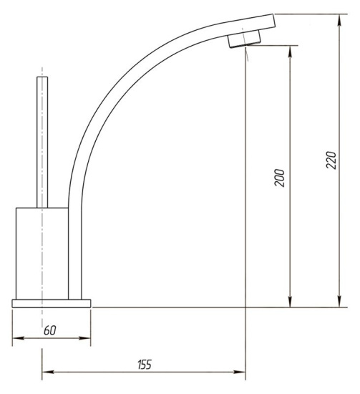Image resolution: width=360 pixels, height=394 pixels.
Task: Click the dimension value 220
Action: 331,160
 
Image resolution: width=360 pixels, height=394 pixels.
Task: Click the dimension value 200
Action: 280,178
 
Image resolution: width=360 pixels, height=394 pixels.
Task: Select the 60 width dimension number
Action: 50,330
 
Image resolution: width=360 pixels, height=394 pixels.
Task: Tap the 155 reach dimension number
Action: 145,365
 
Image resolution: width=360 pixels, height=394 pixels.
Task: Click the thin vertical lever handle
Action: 42,143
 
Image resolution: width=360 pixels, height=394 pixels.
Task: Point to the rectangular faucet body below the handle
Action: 42,254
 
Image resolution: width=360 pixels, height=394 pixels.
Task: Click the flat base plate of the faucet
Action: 52,303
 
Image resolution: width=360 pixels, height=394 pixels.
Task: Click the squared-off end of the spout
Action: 273,20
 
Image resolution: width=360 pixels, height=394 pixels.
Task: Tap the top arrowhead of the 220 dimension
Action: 339,19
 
